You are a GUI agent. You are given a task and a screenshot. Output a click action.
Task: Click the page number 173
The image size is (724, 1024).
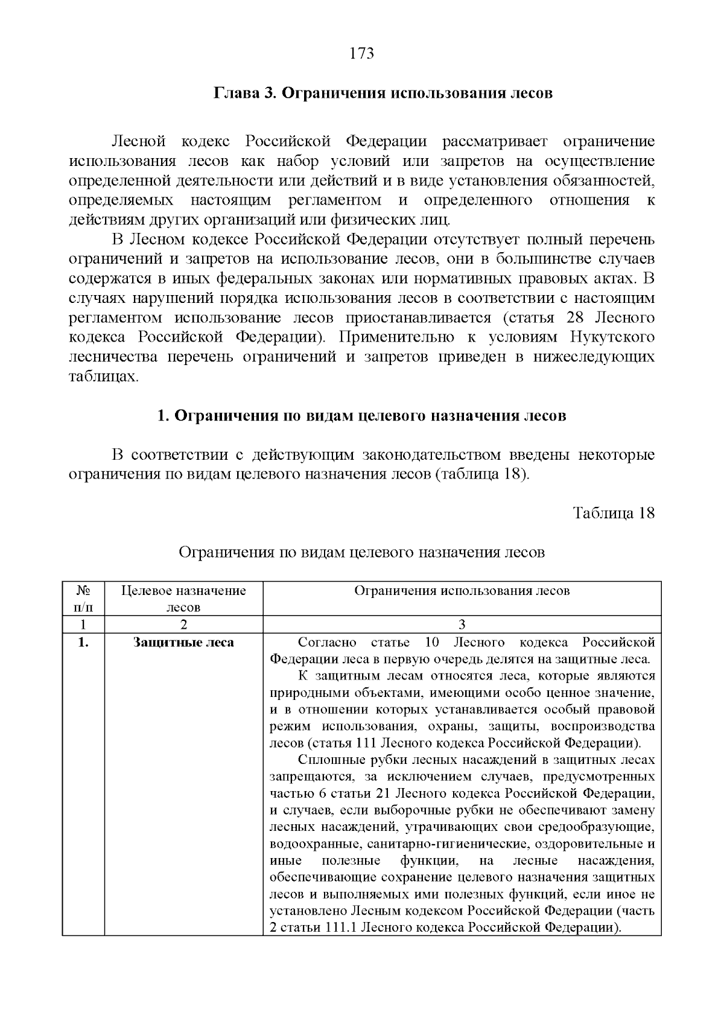tap(362, 54)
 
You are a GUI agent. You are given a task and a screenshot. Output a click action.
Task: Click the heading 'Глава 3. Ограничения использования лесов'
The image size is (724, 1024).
tap(383, 94)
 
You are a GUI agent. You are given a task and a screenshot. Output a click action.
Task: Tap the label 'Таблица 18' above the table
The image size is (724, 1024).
tap(614, 513)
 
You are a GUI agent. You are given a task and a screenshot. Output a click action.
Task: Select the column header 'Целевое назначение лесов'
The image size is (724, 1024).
tap(183, 599)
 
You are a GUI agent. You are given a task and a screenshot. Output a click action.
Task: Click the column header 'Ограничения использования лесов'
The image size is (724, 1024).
tap(462, 591)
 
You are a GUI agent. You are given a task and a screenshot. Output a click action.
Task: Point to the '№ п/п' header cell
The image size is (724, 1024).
tap(83, 599)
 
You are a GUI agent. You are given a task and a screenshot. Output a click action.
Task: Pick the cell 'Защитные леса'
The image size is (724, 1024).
tap(183, 643)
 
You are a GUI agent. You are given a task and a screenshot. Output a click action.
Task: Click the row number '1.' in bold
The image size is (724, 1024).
tap(83, 643)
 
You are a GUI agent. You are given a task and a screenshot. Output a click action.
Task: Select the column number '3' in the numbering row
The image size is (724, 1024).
tap(462, 625)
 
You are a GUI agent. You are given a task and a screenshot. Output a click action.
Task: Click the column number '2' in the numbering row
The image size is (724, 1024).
tap(183, 625)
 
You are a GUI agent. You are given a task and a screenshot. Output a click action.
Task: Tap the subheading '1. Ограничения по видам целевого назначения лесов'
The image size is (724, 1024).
tap(361, 416)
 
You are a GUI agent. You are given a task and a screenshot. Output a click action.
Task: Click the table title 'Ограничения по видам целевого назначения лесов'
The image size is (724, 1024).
tap(361, 552)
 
